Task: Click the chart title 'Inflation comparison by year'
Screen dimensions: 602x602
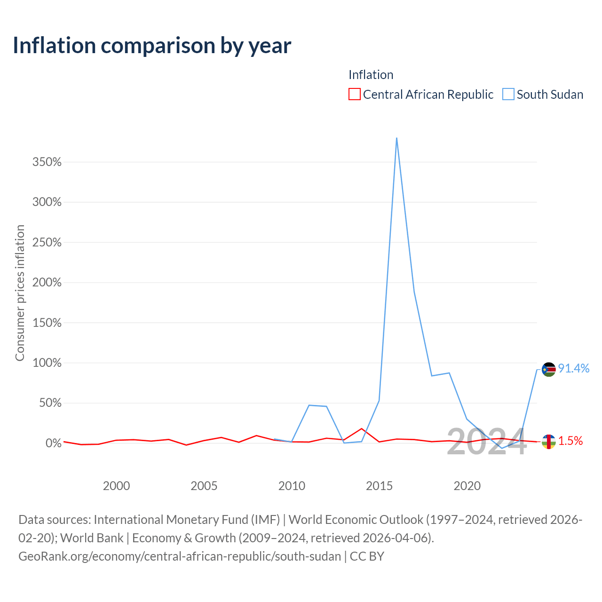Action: [152, 46]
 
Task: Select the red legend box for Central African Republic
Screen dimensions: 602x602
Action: [354, 94]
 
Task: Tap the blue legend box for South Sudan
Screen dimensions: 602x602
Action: [507, 94]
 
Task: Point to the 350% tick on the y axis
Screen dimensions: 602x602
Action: [47, 162]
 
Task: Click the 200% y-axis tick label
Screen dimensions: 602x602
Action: [47, 282]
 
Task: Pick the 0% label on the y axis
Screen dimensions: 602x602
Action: [54, 443]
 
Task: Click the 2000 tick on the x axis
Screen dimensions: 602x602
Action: [116, 486]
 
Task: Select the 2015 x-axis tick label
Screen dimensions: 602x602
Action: [379, 486]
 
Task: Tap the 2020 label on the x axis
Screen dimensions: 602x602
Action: [467, 486]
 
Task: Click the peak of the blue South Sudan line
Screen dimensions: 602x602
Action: [396, 138]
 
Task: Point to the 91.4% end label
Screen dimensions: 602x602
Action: [574, 369]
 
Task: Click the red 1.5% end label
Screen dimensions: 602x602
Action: [570, 441]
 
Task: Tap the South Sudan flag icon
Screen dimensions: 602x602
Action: [548, 370]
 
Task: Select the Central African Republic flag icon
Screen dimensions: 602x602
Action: [548, 442]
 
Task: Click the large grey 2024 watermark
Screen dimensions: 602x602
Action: [487, 442]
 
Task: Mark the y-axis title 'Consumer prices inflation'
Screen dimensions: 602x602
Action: [20, 293]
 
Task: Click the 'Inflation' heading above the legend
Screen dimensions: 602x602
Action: [371, 75]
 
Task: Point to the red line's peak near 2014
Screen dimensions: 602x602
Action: [362, 428]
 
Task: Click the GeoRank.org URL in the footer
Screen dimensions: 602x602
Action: [180, 556]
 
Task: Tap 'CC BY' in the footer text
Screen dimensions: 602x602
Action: [367, 556]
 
